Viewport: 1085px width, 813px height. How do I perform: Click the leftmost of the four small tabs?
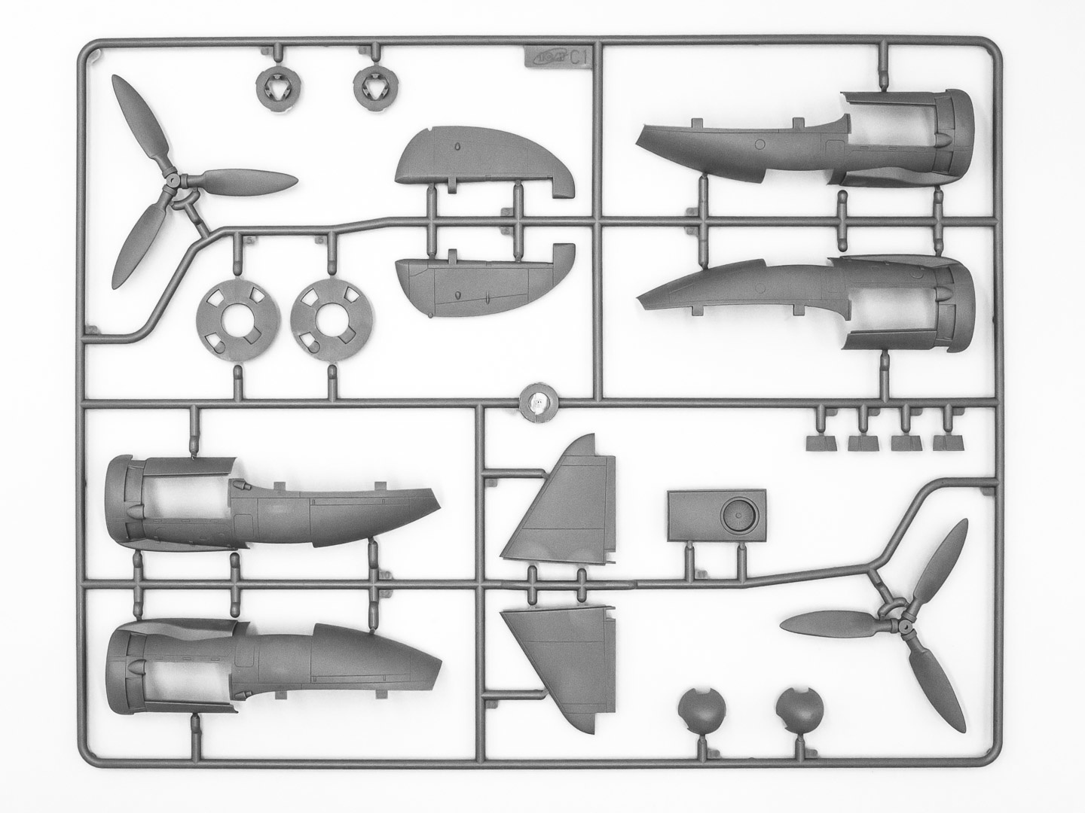coord(821,442)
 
